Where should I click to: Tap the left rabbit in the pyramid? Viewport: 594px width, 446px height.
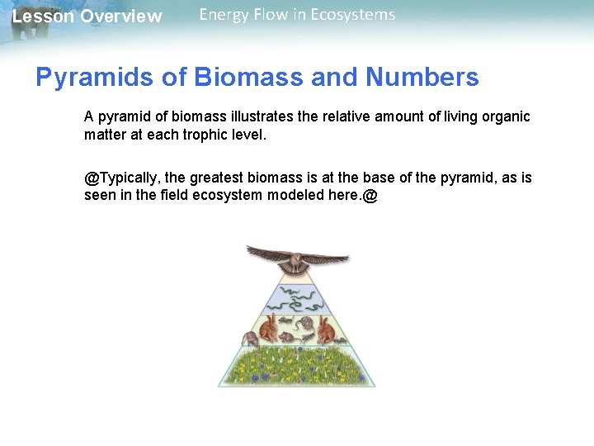pos(269,331)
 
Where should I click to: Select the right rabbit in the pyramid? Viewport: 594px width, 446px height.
pos(324,331)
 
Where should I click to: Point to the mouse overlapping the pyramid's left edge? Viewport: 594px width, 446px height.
pos(248,339)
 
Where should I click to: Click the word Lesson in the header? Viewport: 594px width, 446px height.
pos(42,17)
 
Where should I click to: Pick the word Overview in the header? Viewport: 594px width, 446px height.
pos(121,17)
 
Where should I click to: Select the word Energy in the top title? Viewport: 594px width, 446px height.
pos(224,14)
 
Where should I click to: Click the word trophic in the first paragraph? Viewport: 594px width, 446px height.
pos(203,135)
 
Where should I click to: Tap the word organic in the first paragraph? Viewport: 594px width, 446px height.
pos(502,116)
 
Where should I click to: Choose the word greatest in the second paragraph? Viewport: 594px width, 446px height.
pos(222,178)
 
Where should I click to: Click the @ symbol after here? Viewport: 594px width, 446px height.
pos(369,197)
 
